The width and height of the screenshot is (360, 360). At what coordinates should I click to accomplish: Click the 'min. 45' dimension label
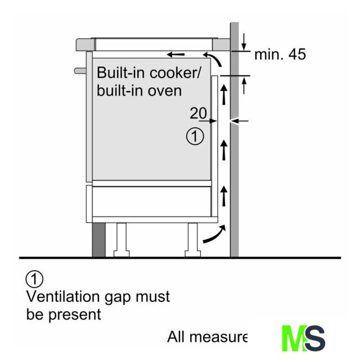tap(280, 55)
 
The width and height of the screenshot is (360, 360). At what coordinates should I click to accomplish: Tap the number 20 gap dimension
tap(198, 114)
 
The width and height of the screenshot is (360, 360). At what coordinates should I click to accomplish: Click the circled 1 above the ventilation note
tap(34, 278)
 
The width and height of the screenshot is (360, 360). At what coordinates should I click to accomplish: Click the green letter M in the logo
tap(294, 338)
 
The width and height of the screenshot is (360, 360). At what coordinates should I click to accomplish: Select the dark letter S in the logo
tap(316, 338)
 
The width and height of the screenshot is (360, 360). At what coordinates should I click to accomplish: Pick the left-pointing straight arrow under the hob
tap(175, 55)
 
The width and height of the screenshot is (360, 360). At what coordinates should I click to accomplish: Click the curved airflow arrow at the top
tap(213, 58)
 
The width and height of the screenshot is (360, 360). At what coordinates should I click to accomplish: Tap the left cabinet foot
tap(121, 240)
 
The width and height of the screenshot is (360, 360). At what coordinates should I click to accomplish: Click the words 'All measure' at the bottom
tap(207, 337)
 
